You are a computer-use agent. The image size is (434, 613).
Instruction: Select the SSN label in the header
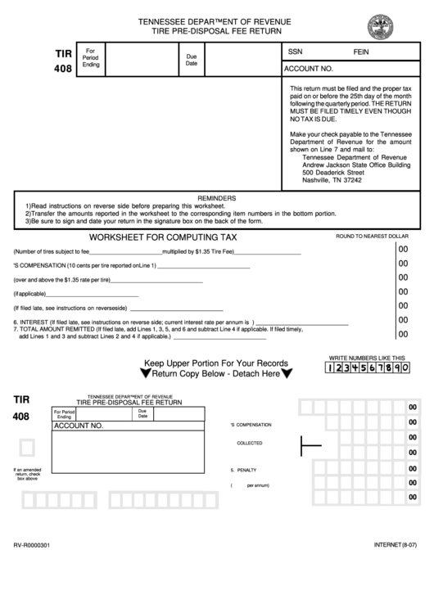pos(295,51)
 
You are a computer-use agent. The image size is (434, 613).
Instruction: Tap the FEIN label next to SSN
pos(361,51)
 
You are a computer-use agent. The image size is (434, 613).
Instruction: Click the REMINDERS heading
pos(217,198)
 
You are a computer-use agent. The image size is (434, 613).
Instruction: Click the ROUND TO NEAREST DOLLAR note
pos(372,236)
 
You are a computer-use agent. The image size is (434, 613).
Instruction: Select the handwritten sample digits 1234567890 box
pos(367,368)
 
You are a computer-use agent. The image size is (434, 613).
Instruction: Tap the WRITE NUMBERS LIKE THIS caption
pos(367,358)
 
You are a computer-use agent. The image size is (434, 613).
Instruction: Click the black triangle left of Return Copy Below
pos(145,374)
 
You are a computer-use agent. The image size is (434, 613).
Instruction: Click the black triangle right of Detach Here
pos(287,374)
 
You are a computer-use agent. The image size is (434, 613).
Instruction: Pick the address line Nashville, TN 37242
pos(332,181)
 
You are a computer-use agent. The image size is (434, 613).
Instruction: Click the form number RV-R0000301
pos(32,545)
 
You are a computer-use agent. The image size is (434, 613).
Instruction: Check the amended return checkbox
pos(27,448)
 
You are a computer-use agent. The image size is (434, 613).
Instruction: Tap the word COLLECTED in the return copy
pos(250,443)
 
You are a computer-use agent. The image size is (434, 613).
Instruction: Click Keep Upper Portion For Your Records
pos(216,363)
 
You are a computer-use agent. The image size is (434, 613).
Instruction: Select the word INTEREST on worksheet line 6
pos(33,322)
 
